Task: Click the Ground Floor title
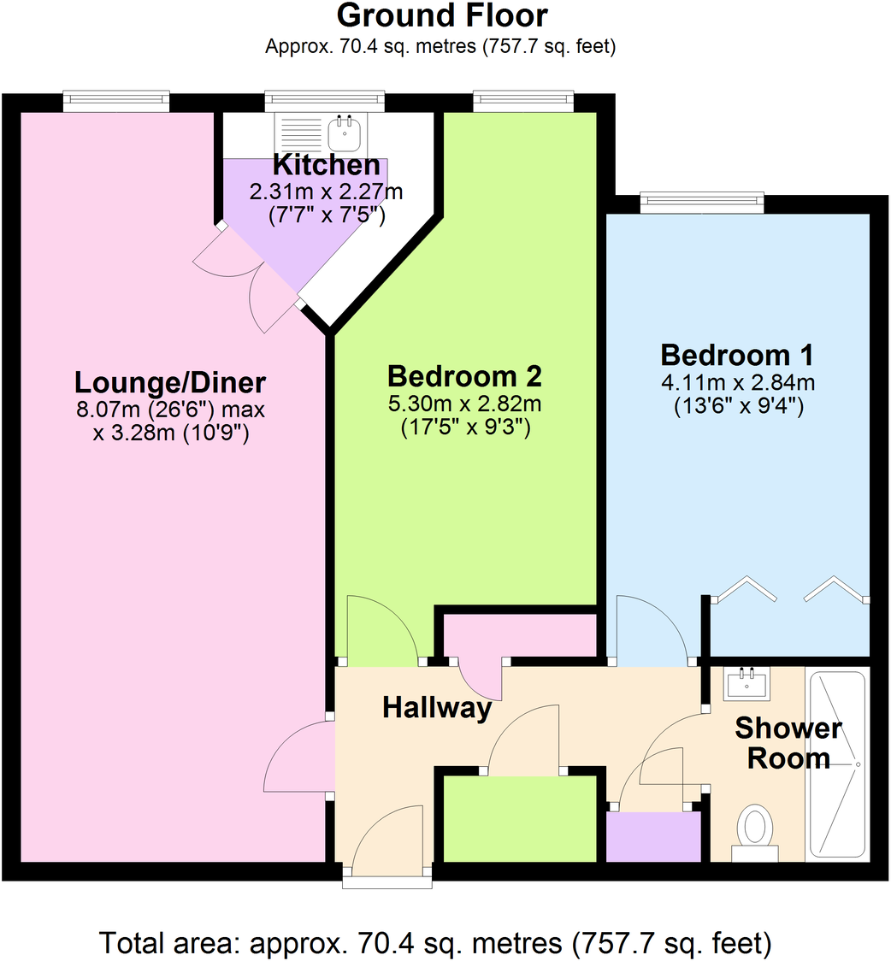442,15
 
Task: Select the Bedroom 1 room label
736,354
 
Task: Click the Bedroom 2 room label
464,376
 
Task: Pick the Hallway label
437,707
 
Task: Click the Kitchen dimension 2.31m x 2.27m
325,192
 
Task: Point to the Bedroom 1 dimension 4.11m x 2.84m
737,382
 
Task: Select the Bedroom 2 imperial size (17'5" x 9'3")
466,428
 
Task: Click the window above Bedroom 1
701,202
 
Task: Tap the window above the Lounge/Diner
116,101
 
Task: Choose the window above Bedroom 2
524,101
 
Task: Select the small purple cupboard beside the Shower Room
653,836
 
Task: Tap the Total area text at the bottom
436,943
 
